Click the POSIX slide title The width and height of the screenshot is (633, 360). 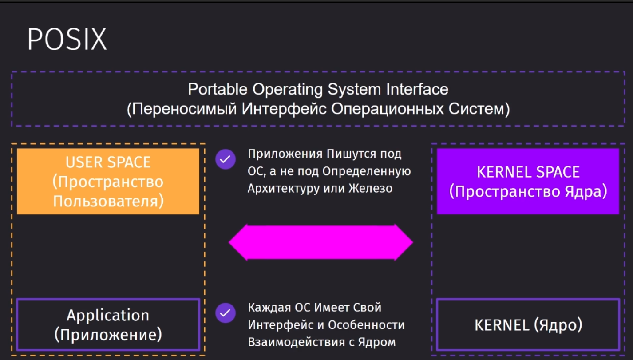67,39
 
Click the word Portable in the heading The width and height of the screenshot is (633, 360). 218,90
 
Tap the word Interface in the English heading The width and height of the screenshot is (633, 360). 417,90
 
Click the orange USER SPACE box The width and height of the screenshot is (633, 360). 108,182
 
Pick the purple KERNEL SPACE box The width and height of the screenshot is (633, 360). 528,182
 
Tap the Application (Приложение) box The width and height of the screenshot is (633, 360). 108,324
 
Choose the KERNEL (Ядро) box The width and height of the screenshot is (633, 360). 528,324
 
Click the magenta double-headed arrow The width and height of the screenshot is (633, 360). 321,242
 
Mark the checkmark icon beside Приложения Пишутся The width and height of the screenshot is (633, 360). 226,159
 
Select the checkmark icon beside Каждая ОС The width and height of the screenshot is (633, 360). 226,313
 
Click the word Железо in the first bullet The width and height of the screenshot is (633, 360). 371,189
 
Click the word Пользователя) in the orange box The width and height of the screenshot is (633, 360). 108,201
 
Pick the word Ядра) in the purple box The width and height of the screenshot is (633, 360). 586,192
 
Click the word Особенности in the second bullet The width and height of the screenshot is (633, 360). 366,325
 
